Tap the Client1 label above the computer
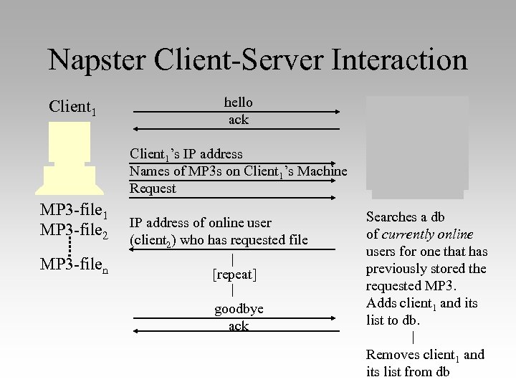[72, 108]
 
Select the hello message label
[238, 102]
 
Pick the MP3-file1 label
[75, 213]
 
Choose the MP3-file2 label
[75, 231]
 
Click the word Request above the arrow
[153, 188]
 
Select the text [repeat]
[234, 274]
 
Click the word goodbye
[239, 309]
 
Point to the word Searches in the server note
[391, 216]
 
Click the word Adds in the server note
[381, 302]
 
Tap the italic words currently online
[427, 234]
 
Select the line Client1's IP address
[186, 154]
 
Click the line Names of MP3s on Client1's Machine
[238, 171]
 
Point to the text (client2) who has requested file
[219, 240]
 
